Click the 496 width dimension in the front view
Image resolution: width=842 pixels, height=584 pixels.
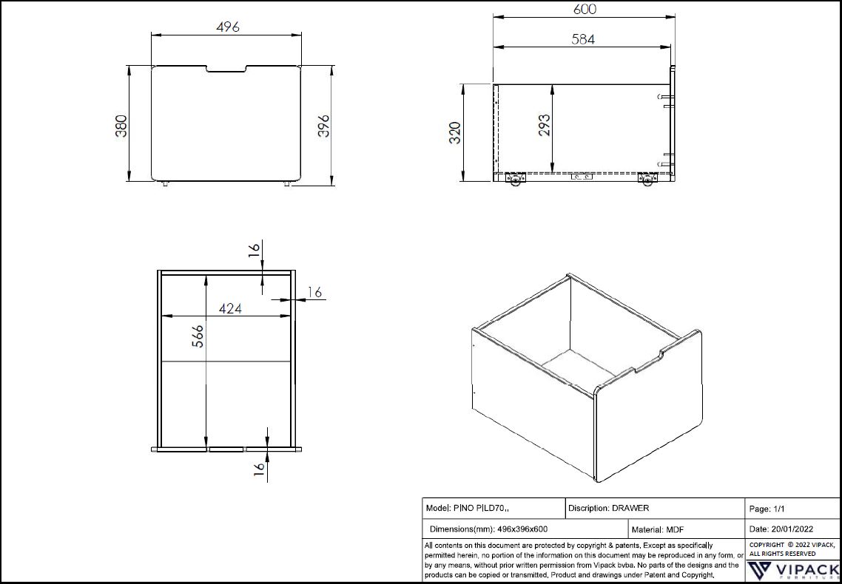[227, 27]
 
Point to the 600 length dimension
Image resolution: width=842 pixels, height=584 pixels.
[584, 10]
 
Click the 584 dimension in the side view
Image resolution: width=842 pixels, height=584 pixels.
[583, 39]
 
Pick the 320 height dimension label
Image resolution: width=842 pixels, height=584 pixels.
[454, 132]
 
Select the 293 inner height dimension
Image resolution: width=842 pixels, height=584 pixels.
[544, 127]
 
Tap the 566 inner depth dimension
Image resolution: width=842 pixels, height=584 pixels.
[197, 338]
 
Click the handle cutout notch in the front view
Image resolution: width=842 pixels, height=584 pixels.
[226, 70]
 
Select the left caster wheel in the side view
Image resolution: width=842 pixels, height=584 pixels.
[515, 179]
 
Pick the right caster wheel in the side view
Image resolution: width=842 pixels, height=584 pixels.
[649, 179]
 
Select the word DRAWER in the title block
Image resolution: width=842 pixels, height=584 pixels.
[630, 509]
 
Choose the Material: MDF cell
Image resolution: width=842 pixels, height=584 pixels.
[658, 529]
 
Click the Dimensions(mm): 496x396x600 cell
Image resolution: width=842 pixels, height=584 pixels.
[488, 529]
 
